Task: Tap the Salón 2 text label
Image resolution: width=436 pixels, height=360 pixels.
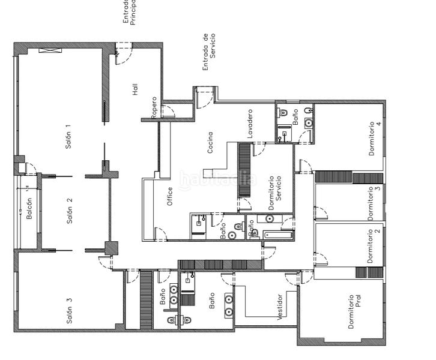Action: tap(70, 211)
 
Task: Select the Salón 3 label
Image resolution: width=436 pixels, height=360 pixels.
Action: tap(70, 311)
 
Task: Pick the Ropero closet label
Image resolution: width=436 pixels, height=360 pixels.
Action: tap(154, 107)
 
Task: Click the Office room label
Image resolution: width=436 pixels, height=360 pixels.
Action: tap(170, 197)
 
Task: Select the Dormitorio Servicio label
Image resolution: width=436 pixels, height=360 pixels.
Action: tap(275, 192)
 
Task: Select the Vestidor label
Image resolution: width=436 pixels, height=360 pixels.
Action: tap(280, 307)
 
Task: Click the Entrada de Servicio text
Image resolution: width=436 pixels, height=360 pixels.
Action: tap(208, 53)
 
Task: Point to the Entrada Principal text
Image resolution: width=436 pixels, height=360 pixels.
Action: tap(130, 12)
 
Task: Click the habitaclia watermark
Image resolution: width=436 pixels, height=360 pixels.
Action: tap(218, 179)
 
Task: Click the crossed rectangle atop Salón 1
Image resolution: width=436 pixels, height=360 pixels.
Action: tap(47, 50)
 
